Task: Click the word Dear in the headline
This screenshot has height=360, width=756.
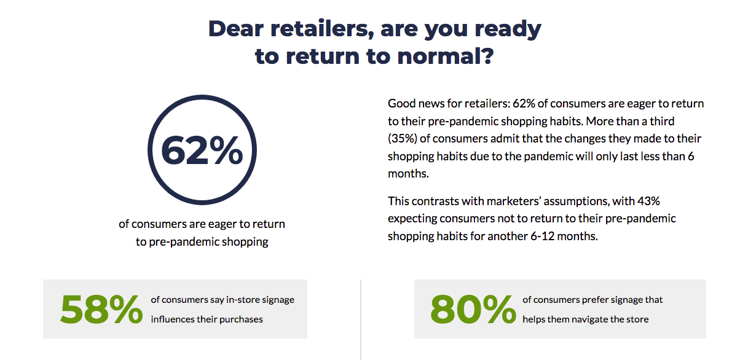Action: coord(235,29)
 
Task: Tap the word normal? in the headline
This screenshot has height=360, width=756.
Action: coord(446,56)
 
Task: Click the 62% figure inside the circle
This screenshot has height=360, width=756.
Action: coord(202,151)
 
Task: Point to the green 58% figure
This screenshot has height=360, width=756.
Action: coord(101,309)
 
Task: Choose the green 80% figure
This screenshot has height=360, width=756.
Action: coord(473,309)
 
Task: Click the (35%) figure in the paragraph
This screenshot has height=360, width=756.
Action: coord(403,139)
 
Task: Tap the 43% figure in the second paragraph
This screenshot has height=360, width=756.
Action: coord(648,201)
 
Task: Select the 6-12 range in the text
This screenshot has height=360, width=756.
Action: coord(542,236)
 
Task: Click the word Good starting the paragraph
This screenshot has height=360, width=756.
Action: coord(401,104)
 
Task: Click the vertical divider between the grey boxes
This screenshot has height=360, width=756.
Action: coord(361,319)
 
